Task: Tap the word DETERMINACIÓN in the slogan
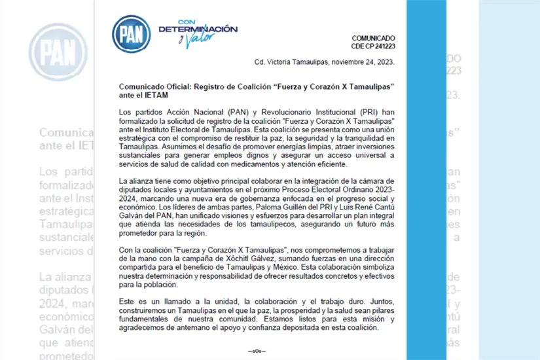point(198,29)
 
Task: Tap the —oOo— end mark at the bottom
point(257,351)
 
